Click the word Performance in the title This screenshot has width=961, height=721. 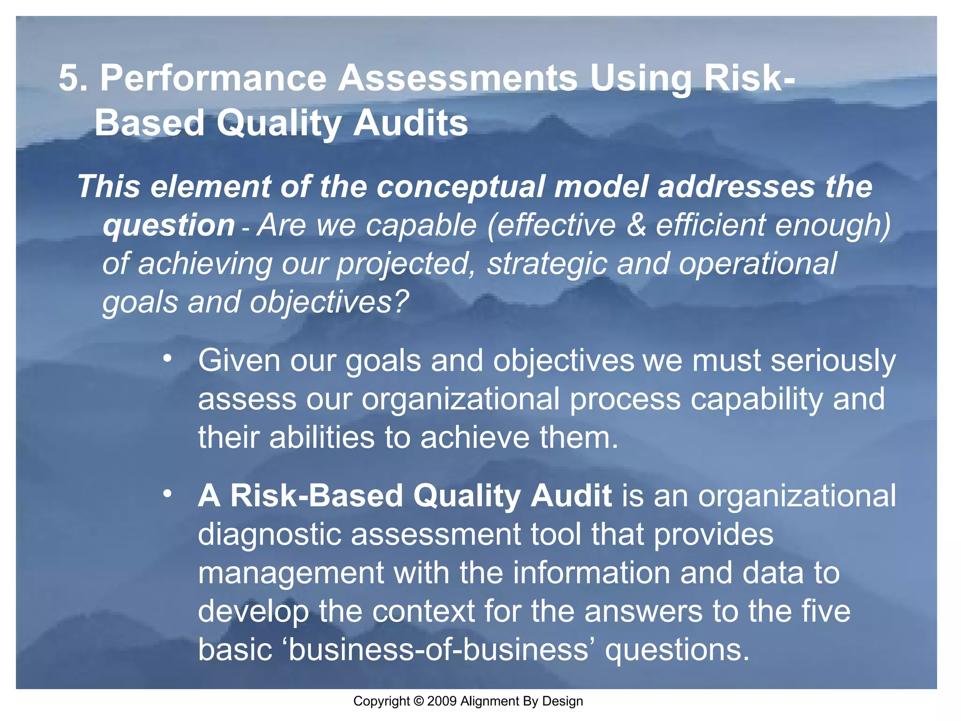pos(213,78)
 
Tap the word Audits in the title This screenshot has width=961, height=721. pos(411,123)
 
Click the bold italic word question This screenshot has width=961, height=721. pos(168,225)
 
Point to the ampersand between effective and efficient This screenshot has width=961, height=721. pos(636,225)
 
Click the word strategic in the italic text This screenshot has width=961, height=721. pos(547,264)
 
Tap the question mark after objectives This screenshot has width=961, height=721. pos(401,302)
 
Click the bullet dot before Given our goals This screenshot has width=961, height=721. pos(167,359)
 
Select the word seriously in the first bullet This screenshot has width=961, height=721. pos(833,361)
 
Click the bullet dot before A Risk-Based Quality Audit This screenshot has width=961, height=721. pos(167,494)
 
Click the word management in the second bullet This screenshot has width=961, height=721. pos(290,574)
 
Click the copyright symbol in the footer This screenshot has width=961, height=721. pos(419,701)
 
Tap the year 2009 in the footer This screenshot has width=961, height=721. pos(442,701)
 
